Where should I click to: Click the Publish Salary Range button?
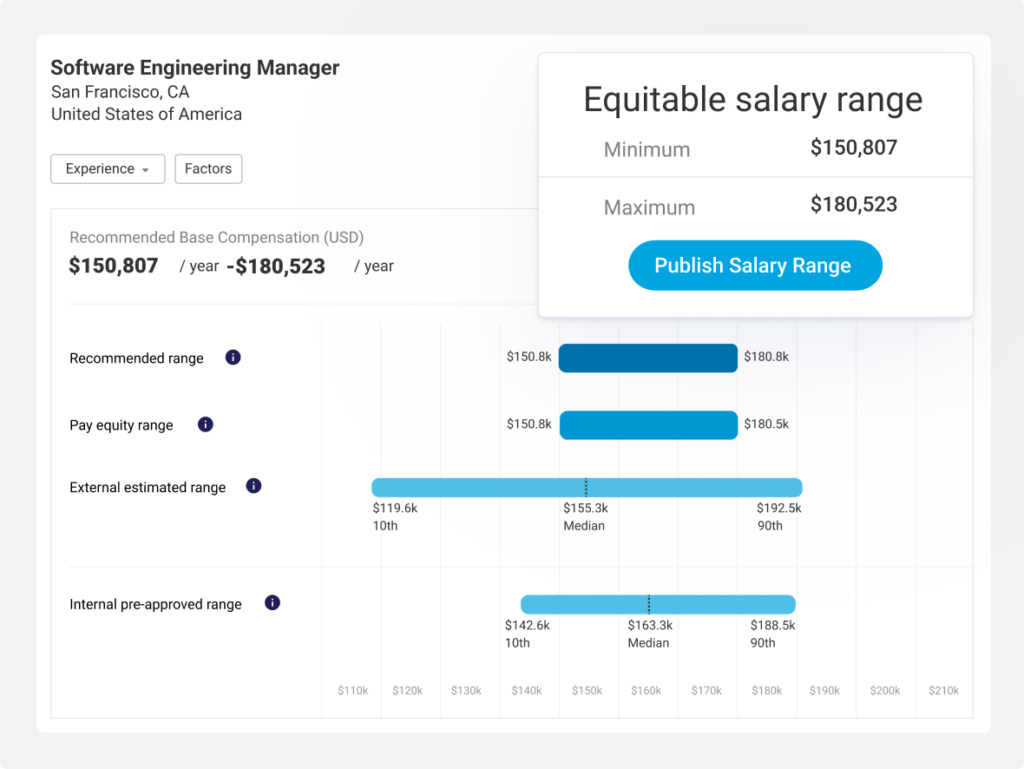pyautogui.click(x=754, y=266)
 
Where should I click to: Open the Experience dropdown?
pyautogui.click(x=108, y=169)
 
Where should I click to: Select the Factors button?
pyautogui.click(x=208, y=169)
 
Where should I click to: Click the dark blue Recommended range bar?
pyautogui.click(x=648, y=358)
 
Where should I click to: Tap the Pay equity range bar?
pyautogui.click(x=648, y=425)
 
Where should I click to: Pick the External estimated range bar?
pyautogui.click(x=587, y=488)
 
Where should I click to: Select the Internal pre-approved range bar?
pyautogui.click(x=657, y=604)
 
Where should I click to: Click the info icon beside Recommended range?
pyautogui.click(x=233, y=357)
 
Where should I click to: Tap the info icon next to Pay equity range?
pyautogui.click(x=206, y=424)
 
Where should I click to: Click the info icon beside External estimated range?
pyautogui.click(x=254, y=486)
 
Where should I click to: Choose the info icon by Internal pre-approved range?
pyautogui.click(x=272, y=603)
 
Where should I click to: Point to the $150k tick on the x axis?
pyautogui.click(x=587, y=690)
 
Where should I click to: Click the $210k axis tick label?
pyautogui.click(x=943, y=690)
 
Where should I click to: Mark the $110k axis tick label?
pyautogui.click(x=352, y=690)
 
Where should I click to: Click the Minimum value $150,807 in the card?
pyautogui.click(x=853, y=148)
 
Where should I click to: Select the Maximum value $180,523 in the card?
pyautogui.click(x=853, y=205)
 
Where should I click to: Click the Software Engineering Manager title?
pyautogui.click(x=195, y=68)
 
